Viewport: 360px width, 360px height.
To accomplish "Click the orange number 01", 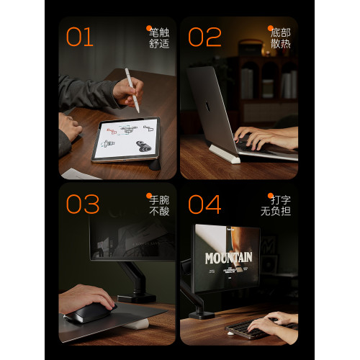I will point(79,37).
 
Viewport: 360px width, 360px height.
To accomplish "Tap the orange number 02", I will point(204,37).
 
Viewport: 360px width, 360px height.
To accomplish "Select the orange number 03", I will point(82,204).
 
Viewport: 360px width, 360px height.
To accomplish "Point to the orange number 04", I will point(205,204).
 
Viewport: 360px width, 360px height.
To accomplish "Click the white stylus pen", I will point(132,90).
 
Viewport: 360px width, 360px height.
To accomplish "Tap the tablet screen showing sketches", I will point(125,140).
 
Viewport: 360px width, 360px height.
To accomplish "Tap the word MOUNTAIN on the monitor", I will point(228,257).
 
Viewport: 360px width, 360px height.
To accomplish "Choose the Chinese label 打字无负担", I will point(279,204).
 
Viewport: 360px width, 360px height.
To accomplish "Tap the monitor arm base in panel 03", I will point(137,296).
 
